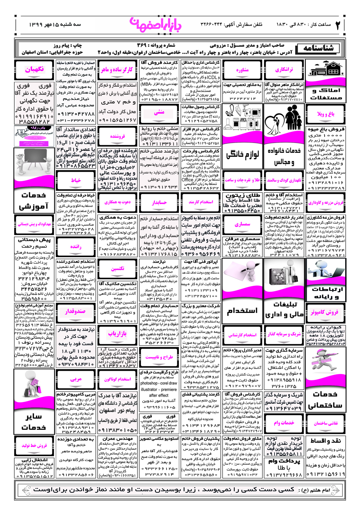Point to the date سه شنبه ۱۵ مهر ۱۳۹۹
(55, 25)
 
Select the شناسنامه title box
(318, 48)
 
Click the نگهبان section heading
(34, 69)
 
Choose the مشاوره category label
(242, 70)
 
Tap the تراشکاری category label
(284, 69)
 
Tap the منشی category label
(159, 112)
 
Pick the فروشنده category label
(117, 136)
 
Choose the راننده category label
(76, 247)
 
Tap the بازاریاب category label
(117, 334)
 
